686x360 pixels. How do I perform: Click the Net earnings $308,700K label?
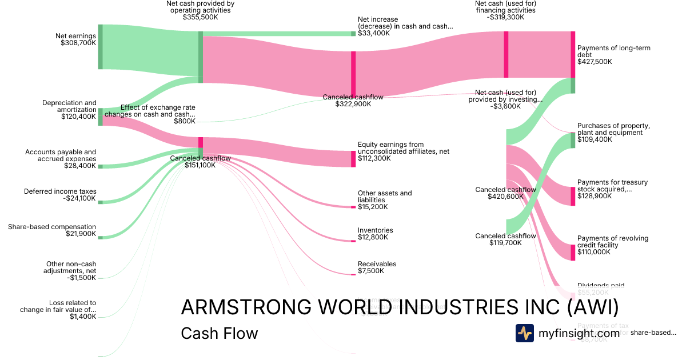75,39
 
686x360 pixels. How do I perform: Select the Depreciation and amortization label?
69,110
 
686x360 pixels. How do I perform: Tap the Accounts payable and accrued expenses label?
61,159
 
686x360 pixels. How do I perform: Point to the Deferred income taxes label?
60,195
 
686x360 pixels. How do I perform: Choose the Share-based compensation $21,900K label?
52,230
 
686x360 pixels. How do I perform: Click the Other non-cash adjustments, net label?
71,271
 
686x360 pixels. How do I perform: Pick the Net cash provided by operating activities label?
200,10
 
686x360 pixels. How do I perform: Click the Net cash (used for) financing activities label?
505,10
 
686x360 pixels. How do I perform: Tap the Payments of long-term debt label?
613,55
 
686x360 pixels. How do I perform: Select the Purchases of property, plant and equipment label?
613,133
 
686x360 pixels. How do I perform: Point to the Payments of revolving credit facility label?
612,245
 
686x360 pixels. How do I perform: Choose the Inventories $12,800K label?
375,234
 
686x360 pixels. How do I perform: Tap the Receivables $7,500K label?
377,267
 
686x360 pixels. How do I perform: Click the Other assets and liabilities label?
384,200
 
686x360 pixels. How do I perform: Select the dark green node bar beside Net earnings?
100,47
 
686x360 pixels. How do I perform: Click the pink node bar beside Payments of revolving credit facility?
573,252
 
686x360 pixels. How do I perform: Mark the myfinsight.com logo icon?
524,333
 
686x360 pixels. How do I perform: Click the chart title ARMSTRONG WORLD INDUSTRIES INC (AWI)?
400,307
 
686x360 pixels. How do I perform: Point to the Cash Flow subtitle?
219,333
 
